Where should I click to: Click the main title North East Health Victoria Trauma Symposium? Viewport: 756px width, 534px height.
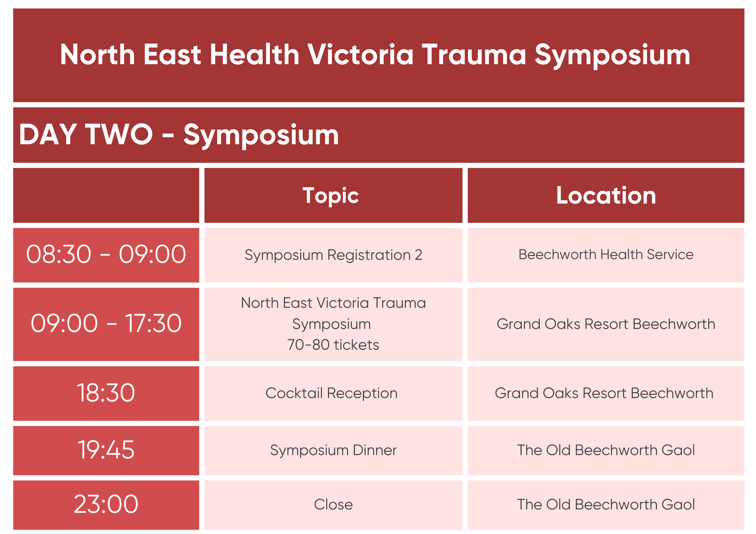coord(375,55)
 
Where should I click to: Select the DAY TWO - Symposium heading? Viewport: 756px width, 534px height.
coord(179,135)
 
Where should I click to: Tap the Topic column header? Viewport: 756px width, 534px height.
coord(331,196)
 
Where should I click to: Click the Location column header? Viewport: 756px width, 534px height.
coord(606,196)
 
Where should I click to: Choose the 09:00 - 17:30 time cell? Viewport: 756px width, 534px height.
coord(106,324)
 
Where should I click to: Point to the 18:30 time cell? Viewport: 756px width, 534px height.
coord(106,393)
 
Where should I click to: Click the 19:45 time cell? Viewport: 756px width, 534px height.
coord(106,450)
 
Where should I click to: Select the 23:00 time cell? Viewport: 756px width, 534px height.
coord(106,505)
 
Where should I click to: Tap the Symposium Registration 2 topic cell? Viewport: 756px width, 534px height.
coord(333,255)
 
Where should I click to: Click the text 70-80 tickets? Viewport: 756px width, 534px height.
coord(333,345)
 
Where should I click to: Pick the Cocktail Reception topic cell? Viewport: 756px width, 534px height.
coord(332,394)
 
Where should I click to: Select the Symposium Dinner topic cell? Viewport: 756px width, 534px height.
coord(333,451)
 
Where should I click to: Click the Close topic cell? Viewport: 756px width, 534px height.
coord(333,505)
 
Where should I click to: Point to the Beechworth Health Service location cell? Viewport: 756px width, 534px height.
coord(606,255)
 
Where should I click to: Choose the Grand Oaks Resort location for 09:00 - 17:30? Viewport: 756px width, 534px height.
coord(606,324)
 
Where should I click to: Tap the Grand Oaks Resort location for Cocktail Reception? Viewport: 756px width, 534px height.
coord(604,394)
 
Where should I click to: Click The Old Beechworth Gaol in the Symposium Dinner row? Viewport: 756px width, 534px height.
coord(606,450)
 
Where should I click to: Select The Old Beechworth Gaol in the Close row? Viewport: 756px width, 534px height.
coord(606,505)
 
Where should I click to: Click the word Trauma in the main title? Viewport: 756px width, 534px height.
coord(474,55)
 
